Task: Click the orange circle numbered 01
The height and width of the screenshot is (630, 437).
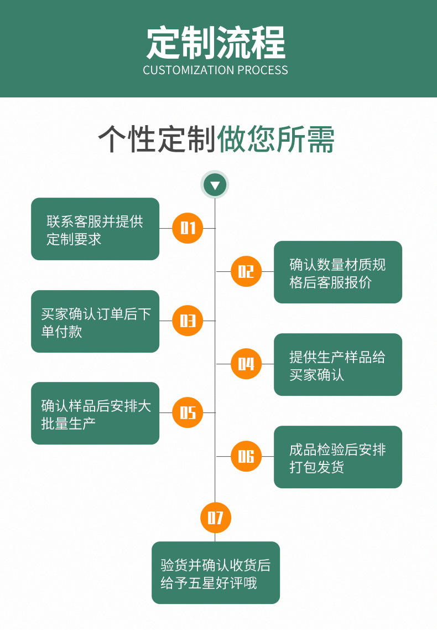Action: tap(188, 228)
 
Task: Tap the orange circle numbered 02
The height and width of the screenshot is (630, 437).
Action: tap(246, 271)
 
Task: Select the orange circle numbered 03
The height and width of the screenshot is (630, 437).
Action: tap(188, 321)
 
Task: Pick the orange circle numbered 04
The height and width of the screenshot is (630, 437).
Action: tap(246, 364)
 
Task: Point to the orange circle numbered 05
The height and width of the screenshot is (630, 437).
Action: tap(188, 412)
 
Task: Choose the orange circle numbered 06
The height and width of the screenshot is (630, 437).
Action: tap(246, 456)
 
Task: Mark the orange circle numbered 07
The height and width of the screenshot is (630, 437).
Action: tap(215, 518)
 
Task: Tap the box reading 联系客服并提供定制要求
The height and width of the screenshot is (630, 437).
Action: tap(95, 229)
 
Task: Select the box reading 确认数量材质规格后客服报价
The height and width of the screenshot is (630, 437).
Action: tap(337, 272)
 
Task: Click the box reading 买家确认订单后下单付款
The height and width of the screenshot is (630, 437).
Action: tap(95, 322)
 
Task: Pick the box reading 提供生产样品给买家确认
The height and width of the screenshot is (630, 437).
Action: tap(337, 365)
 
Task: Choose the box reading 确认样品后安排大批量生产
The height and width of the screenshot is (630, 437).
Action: tap(95, 414)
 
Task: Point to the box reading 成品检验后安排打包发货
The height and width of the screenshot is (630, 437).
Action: tap(337, 457)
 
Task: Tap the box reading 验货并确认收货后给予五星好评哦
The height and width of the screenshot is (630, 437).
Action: tap(216, 573)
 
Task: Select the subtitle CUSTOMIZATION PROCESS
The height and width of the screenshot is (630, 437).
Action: tap(216, 70)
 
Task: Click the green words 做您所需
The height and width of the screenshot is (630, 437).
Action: tap(276, 139)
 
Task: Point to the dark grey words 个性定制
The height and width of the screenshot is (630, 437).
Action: tap(157, 139)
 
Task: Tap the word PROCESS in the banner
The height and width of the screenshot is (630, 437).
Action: tap(263, 70)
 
